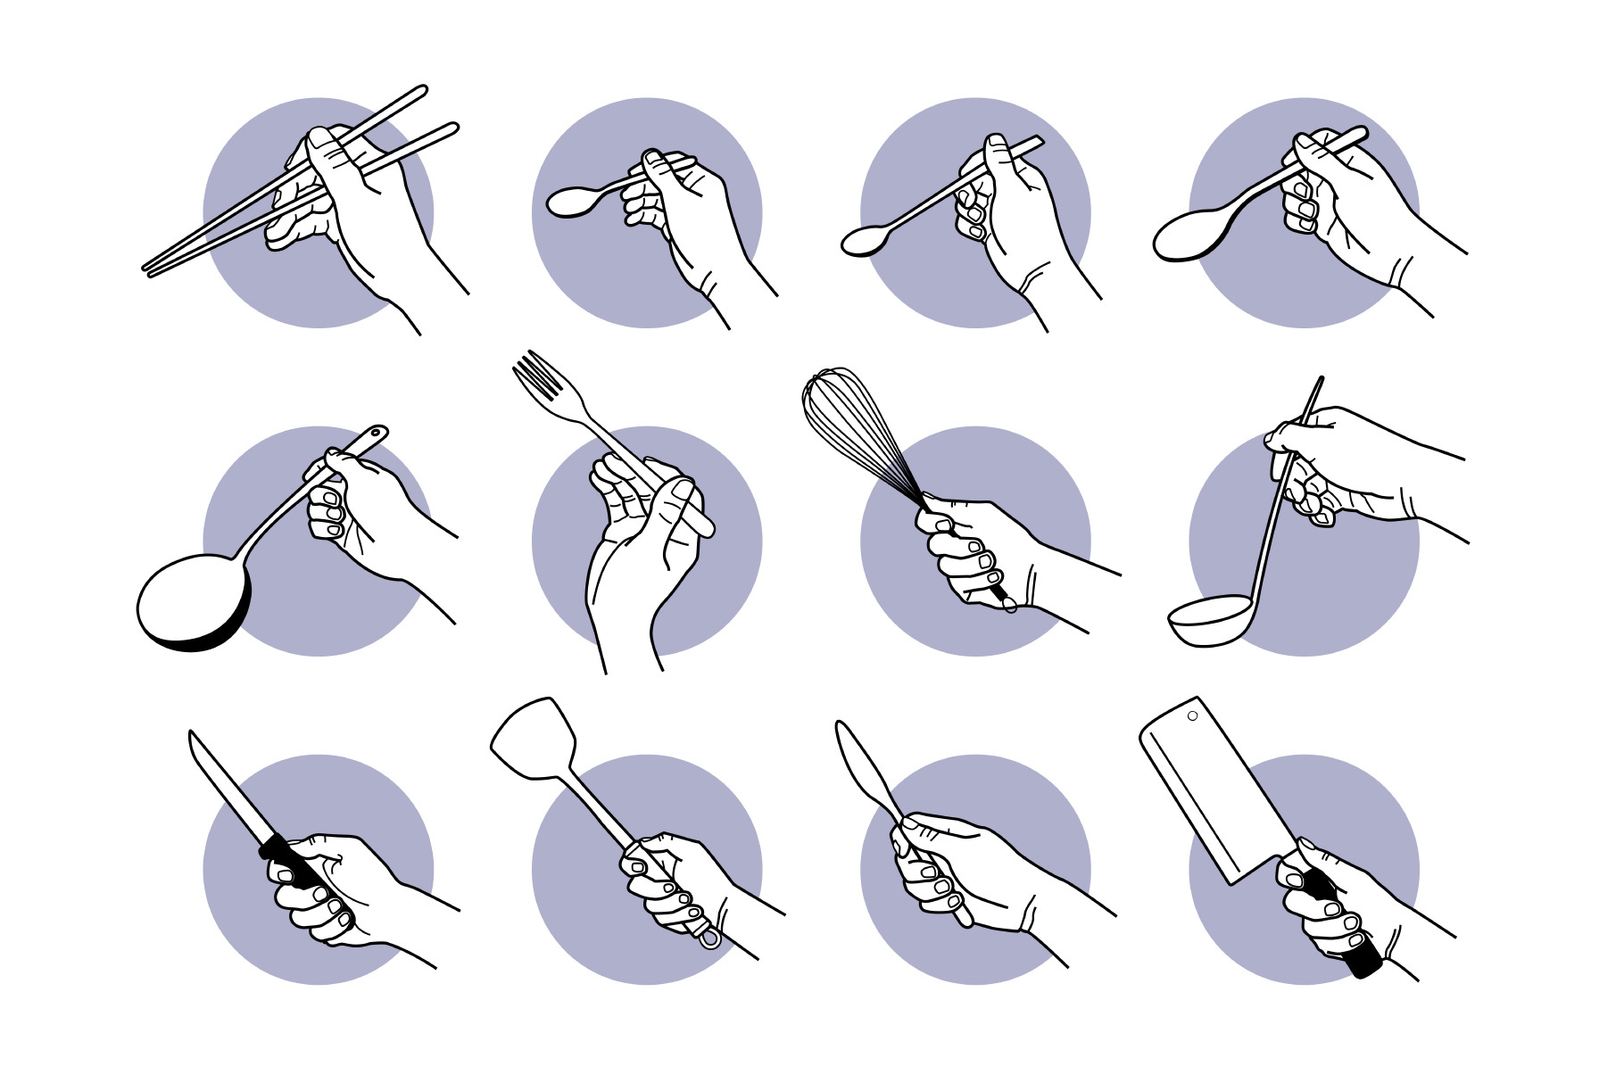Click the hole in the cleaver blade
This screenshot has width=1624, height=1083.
1192,715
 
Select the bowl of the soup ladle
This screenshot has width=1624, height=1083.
1209,620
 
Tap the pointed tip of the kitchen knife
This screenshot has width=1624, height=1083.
192,735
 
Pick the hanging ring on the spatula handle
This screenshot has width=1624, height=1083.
709,938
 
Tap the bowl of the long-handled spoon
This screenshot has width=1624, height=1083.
864,241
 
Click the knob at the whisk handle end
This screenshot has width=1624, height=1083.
1009,606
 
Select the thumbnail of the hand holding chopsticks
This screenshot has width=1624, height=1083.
319,138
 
